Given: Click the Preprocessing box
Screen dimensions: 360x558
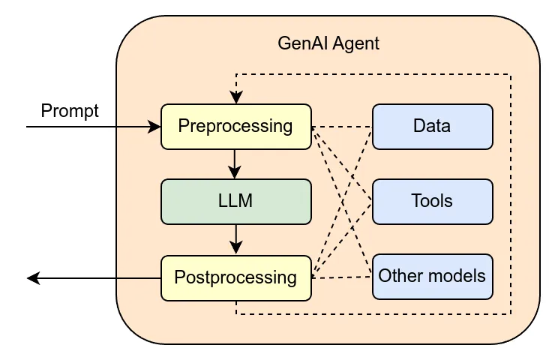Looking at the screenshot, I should (236, 126).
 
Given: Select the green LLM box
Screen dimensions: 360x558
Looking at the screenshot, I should (236, 201).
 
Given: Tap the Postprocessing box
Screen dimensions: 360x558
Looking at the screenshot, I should (236, 277).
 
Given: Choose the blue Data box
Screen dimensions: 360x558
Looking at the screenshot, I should (432, 125).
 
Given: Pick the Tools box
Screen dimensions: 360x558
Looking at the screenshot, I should (432, 201).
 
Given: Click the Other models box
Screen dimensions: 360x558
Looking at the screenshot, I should (432, 275).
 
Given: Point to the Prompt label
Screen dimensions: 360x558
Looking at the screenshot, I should (70, 112).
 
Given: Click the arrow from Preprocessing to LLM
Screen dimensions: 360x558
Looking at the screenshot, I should (236, 163).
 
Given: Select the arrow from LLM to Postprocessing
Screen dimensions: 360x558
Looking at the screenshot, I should (236, 238).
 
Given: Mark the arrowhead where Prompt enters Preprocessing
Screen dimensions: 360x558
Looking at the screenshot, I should (156, 127).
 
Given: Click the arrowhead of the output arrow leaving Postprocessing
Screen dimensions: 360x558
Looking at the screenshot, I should (32, 278).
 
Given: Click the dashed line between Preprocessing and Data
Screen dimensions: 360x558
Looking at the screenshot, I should (342, 126).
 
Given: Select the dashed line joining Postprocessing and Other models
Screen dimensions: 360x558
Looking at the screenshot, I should (342, 277).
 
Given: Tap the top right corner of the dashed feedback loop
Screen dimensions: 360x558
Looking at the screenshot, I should (511, 74).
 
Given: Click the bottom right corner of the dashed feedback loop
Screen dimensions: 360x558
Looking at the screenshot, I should (511, 313).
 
